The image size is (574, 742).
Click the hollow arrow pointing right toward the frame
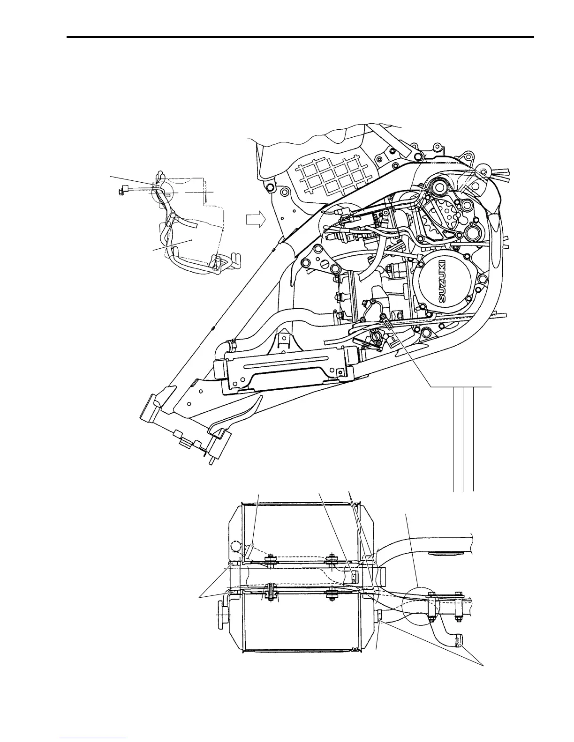point(256,219)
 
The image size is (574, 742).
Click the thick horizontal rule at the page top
point(300,37)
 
